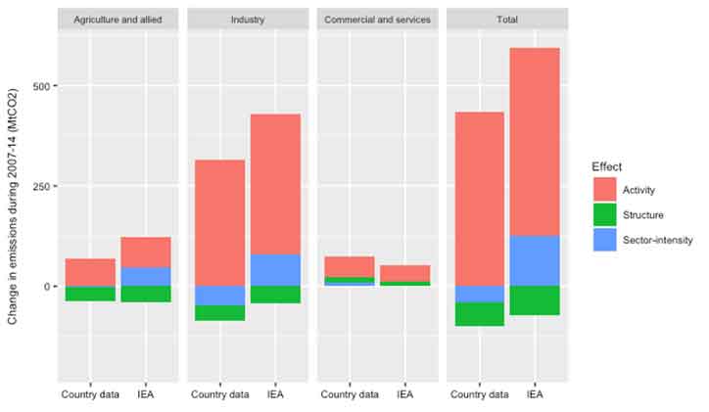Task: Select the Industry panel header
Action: click(x=249, y=20)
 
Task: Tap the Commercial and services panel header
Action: click(x=377, y=20)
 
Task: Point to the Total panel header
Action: click(x=507, y=20)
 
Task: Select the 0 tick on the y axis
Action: click(x=46, y=287)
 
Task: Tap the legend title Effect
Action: click(x=606, y=167)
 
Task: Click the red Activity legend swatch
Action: click(x=604, y=190)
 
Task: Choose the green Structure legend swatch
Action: click(x=604, y=215)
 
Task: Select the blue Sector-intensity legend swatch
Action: click(x=604, y=240)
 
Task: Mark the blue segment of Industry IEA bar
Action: click(x=275, y=270)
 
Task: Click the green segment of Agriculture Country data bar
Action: click(x=90, y=294)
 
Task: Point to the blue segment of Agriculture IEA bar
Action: click(x=146, y=276)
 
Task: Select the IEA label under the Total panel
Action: click(x=535, y=395)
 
